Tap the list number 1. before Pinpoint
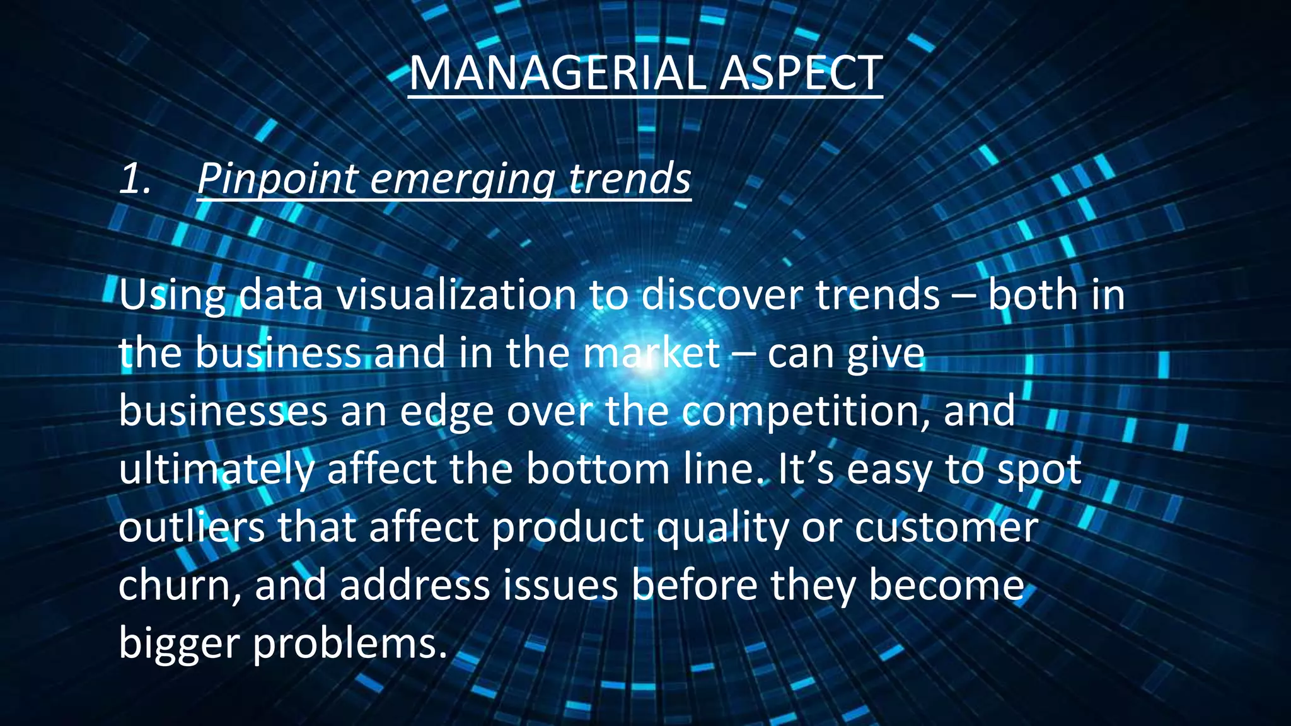click(136, 178)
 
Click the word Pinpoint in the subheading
click(278, 180)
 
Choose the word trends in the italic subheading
click(630, 178)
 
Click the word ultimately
click(216, 470)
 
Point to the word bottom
click(598, 469)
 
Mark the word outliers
click(192, 527)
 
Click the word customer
click(946, 527)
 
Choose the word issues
click(560, 585)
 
